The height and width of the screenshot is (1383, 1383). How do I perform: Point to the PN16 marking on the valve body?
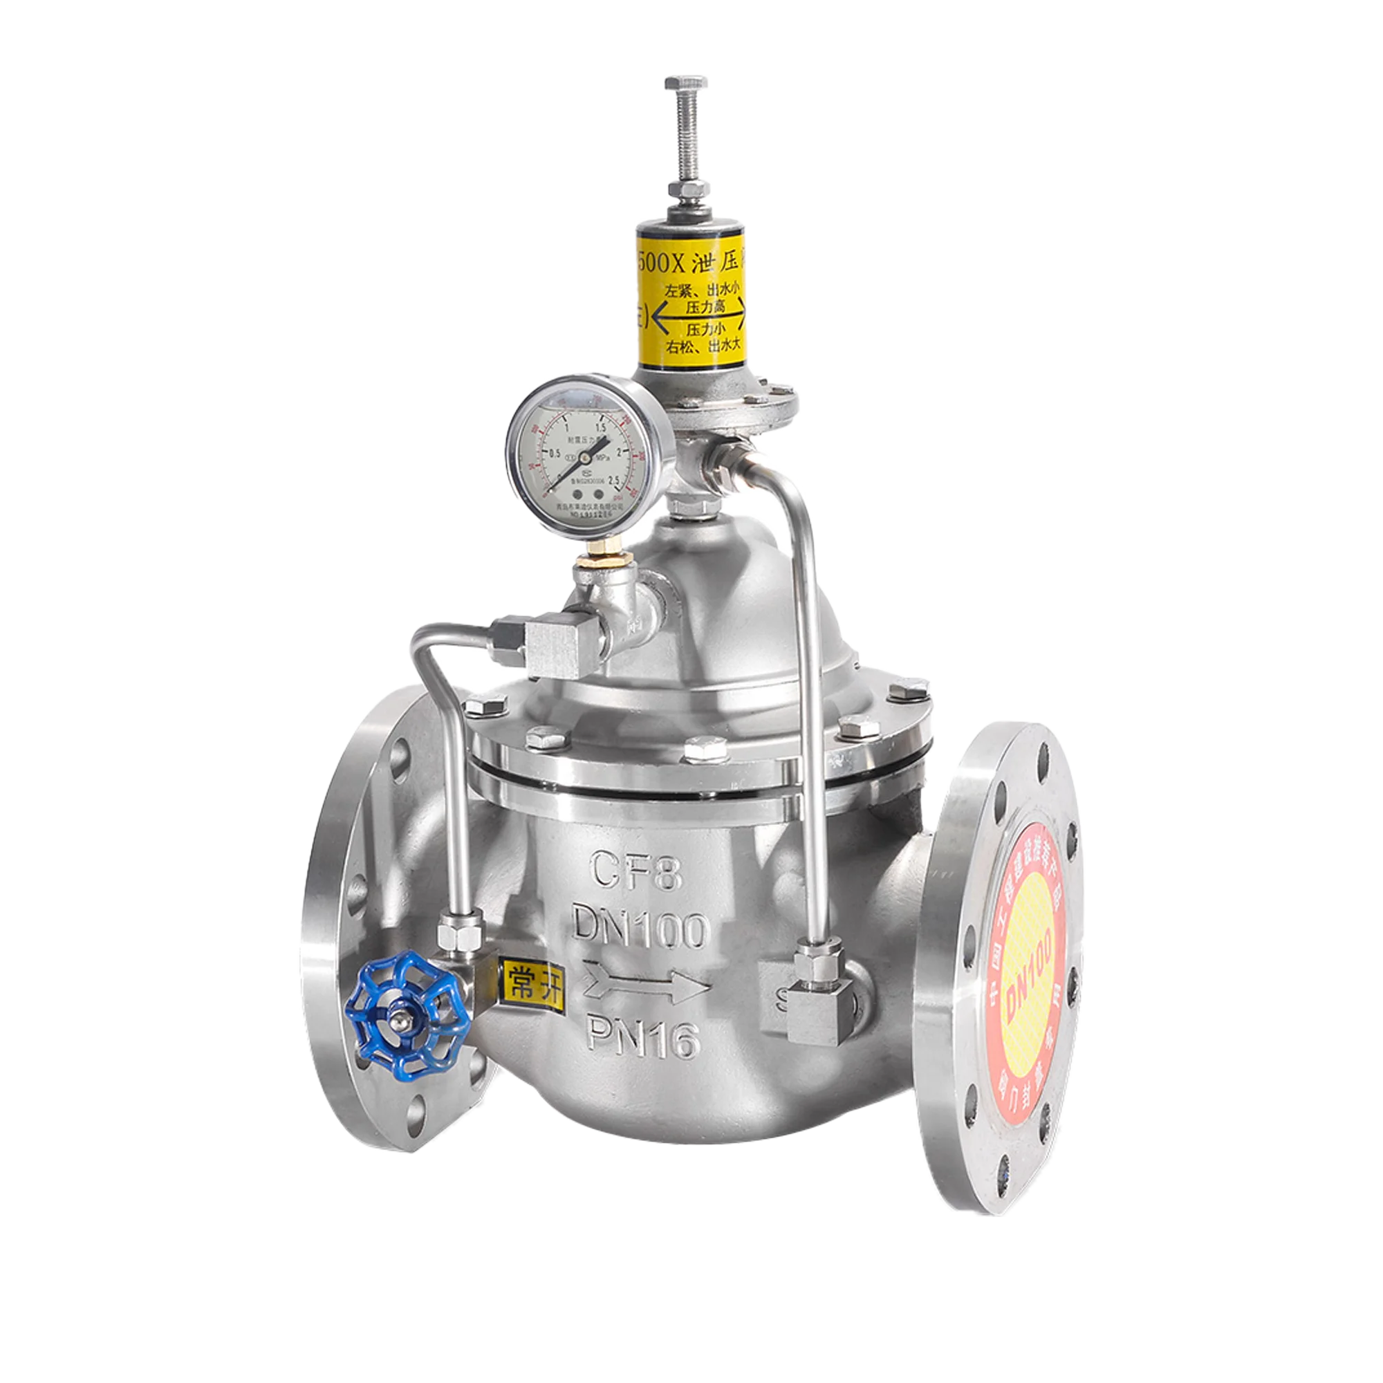point(642,1042)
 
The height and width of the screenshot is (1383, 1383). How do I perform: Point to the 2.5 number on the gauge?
point(614,481)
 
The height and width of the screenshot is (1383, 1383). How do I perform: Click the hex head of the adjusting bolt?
point(686,84)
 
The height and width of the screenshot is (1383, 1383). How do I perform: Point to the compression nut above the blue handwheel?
point(460,931)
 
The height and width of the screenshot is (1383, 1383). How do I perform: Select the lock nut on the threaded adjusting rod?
point(686,189)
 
